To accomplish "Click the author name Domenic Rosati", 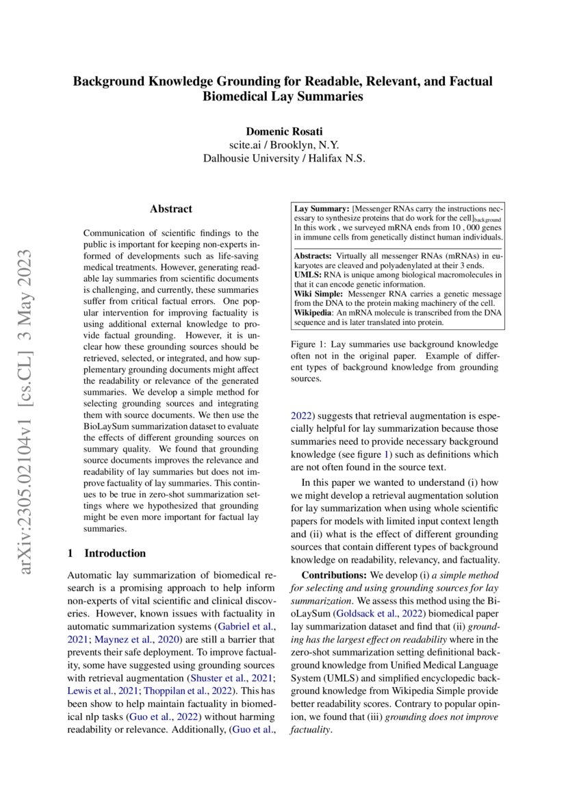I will click(283, 131).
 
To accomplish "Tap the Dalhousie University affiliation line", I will click(283, 158).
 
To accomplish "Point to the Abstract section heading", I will click(171, 209).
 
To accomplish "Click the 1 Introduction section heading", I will click(107, 553).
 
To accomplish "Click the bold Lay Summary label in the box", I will click(321, 207).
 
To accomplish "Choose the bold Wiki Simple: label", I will click(318, 293).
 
